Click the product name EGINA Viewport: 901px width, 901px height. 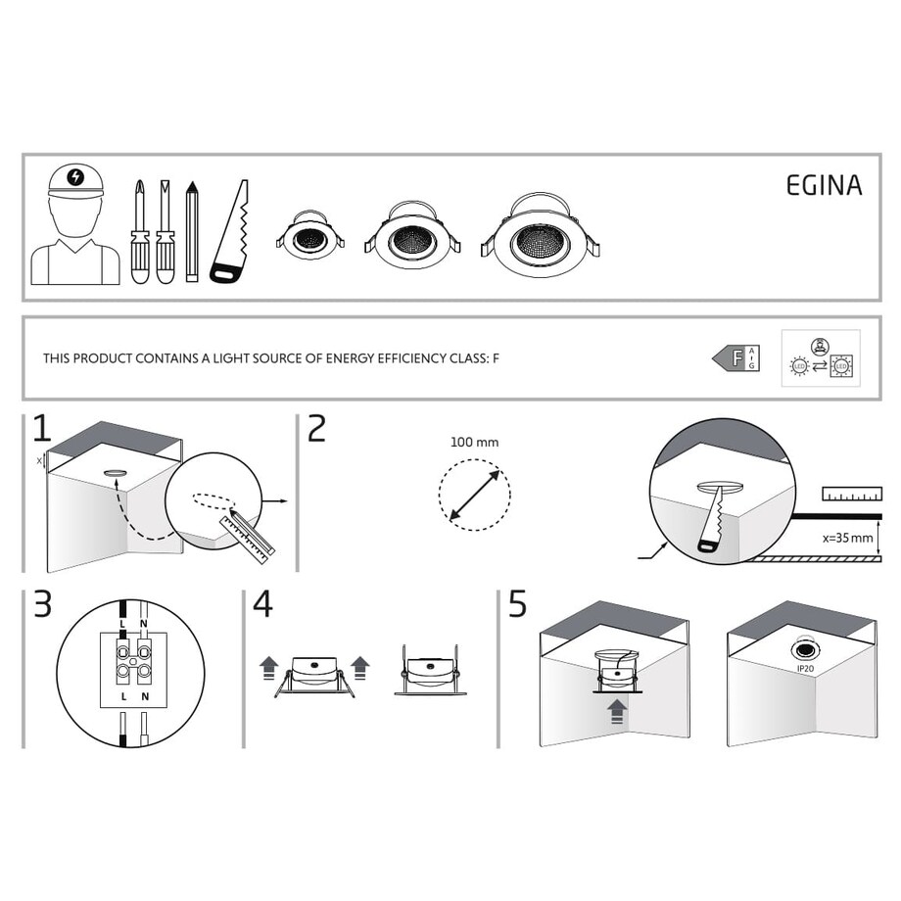click(824, 186)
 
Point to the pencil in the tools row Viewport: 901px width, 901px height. click(192, 232)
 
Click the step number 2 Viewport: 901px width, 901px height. click(316, 429)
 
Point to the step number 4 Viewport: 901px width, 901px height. click(262, 605)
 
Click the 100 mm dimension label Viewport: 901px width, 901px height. click(474, 443)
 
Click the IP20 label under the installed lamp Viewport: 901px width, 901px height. click(806, 669)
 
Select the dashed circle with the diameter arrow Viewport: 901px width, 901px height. click(475, 495)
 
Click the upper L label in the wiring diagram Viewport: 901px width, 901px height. click(122, 624)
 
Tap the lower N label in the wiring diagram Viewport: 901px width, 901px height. click(144, 694)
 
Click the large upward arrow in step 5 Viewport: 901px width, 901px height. click(615, 709)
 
